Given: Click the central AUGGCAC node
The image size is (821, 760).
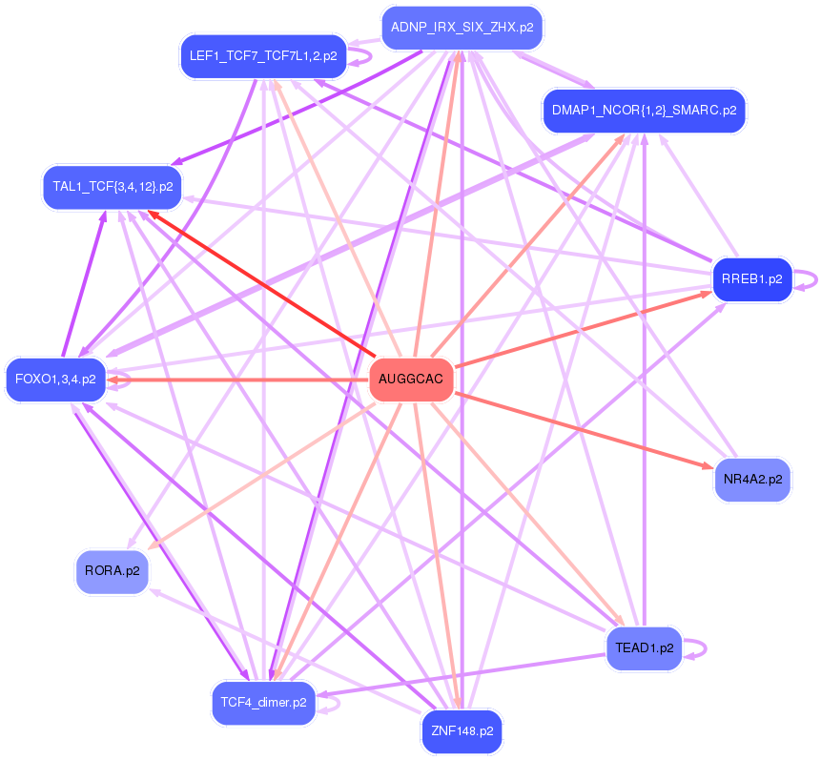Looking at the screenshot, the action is click(411, 380).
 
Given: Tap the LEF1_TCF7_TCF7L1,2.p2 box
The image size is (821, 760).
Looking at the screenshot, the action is click(262, 56).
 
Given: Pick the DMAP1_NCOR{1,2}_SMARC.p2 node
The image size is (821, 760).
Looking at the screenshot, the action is click(644, 111).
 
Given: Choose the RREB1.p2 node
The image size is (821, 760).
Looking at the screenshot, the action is click(752, 279).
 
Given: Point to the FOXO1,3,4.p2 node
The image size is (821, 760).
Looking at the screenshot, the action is click(55, 380).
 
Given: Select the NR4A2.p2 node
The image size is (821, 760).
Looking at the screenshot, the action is click(752, 479).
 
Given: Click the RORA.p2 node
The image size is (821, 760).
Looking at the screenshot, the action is click(112, 571).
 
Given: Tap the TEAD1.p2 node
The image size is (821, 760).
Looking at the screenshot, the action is click(644, 647).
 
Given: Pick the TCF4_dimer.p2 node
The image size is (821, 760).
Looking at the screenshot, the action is click(263, 703).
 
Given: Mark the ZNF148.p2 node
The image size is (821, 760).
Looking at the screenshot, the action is click(462, 732).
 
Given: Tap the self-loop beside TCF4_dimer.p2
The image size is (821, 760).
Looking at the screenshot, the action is click(333, 704).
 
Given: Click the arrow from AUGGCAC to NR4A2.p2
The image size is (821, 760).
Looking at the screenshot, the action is click(582, 428).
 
